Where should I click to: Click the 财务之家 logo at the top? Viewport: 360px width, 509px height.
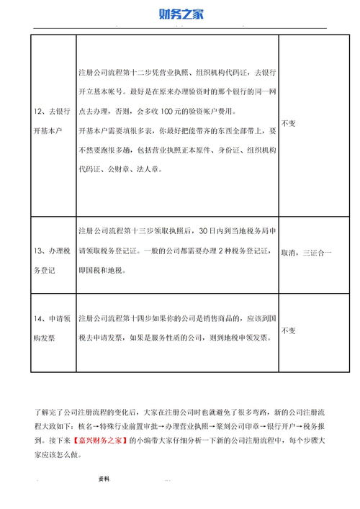pyautogui.click(x=181, y=14)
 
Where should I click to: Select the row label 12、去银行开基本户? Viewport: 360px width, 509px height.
pyautogui.click(x=50, y=124)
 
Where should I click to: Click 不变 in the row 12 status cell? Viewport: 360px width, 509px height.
pyautogui.click(x=289, y=124)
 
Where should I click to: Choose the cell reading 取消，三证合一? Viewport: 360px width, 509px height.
pyautogui.click(x=305, y=253)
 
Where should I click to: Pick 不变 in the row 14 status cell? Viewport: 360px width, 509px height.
pyautogui.click(x=289, y=330)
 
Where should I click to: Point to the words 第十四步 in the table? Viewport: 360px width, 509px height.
pyautogui.click(x=137, y=317)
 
